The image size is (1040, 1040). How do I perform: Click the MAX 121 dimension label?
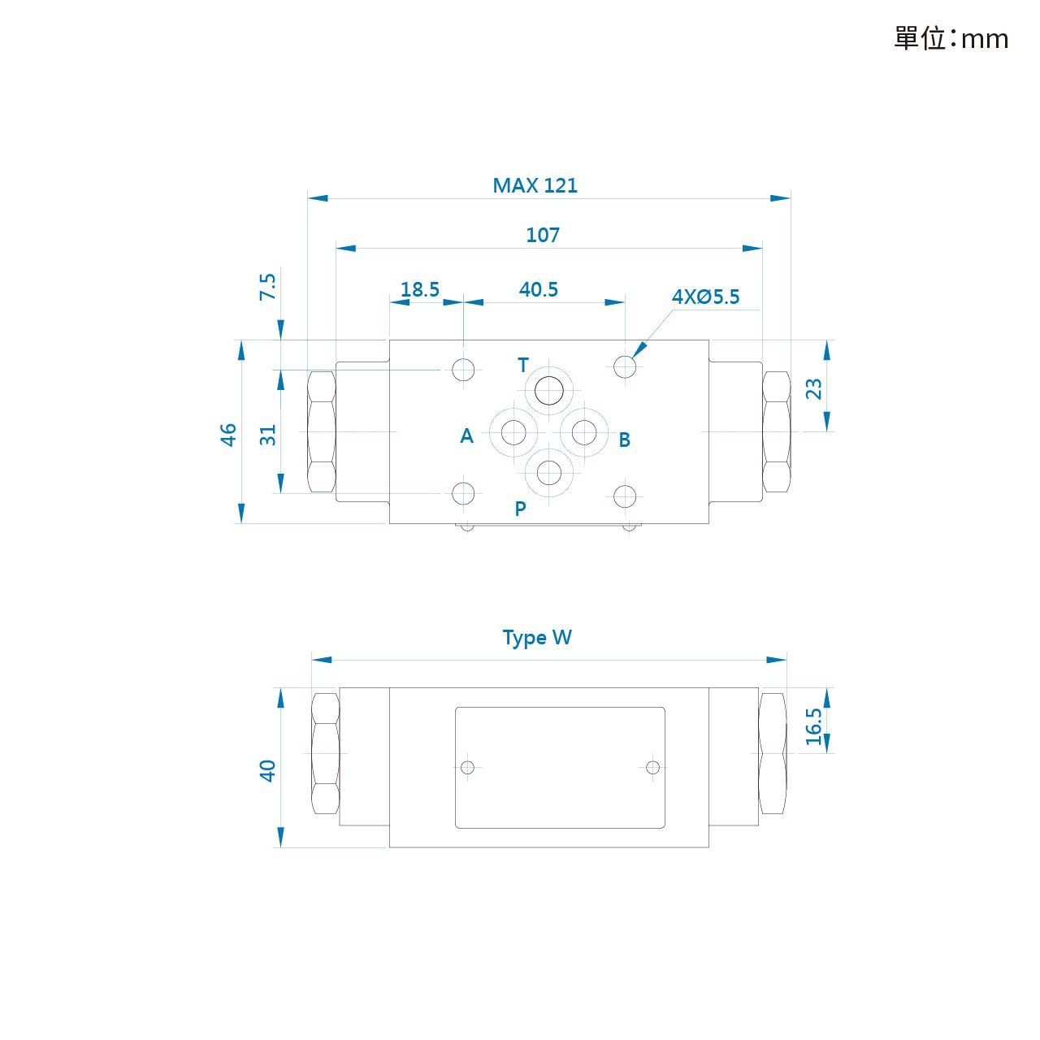[535, 186]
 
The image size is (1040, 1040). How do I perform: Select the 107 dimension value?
[543, 236]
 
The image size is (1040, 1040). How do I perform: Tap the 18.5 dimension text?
[420, 290]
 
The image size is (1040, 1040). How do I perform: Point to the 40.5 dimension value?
[539, 290]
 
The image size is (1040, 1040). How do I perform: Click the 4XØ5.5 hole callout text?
[705, 297]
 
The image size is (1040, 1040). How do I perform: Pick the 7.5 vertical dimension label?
[267, 287]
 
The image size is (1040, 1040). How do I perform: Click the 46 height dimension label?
[228, 435]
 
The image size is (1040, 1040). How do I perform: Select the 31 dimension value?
[267, 435]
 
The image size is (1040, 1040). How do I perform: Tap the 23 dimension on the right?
[814, 388]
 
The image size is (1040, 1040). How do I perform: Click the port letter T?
[523, 366]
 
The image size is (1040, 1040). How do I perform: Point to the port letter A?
[467, 436]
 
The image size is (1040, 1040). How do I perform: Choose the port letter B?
[625, 440]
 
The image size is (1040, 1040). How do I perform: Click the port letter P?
[520, 509]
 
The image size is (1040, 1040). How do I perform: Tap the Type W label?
[537, 638]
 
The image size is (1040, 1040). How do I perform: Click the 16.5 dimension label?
[814, 727]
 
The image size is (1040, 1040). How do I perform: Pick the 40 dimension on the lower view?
[267, 771]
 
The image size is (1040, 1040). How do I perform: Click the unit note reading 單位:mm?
[951, 39]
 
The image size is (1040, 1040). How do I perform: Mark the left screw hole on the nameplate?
[467, 768]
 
